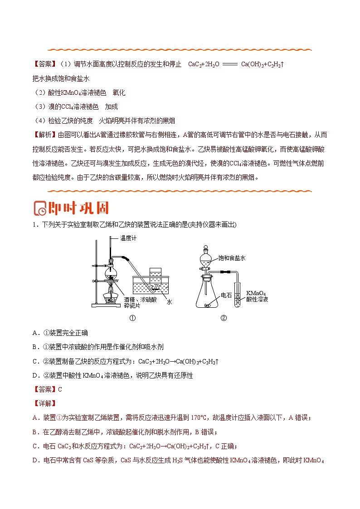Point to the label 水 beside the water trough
(170, 301)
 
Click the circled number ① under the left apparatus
(133, 318)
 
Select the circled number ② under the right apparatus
(223, 318)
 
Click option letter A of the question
(35, 333)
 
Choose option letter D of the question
(35, 375)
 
